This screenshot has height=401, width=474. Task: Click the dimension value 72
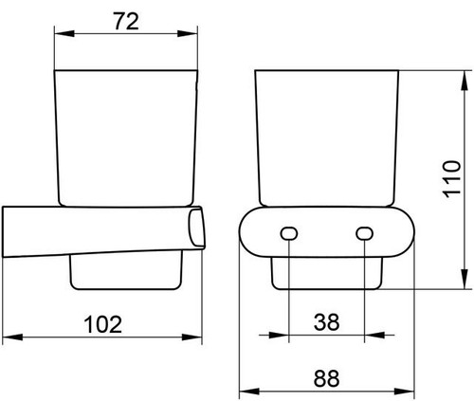point(126,22)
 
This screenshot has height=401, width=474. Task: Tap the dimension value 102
point(103,324)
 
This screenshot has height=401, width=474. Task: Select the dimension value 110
point(452,179)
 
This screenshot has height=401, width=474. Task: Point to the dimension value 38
point(326,322)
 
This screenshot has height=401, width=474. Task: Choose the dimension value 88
point(326,378)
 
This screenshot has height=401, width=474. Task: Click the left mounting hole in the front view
point(289,234)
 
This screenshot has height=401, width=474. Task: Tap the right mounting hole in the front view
point(364,234)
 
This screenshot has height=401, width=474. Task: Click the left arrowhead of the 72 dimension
point(64,33)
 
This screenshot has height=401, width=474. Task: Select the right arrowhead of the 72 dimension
point(188,33)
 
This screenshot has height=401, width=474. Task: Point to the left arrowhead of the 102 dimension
point(12,337)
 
